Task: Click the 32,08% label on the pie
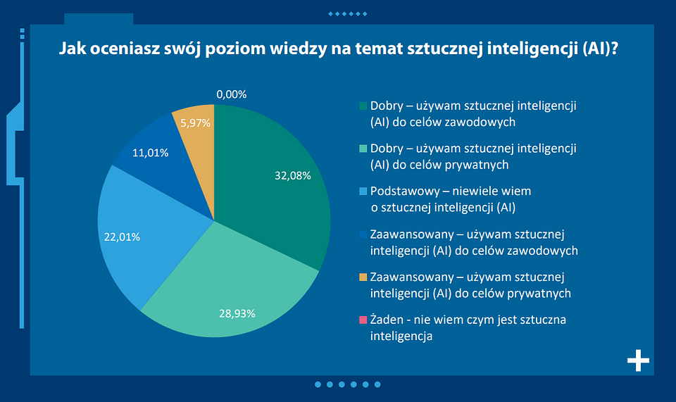click(292, 176)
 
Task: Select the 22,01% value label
click(123, 237)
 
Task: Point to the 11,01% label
click(151, 152)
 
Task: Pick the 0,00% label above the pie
click(232, 94)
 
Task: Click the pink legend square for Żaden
click(363, 320)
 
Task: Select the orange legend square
click(363, 277)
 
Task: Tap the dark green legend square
click(363, 106)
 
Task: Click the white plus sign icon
click(638, 360)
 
